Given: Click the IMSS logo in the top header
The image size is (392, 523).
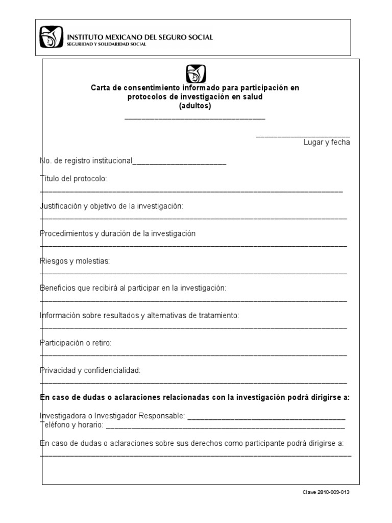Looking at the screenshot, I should tap(51, 37).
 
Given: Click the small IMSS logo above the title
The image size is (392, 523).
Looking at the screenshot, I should tap(196, 74).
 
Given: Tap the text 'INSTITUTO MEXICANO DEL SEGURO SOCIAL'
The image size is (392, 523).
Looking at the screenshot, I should tap(140, 37).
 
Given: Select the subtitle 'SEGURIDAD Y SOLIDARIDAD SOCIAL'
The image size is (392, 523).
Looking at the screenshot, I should tap(107, 44).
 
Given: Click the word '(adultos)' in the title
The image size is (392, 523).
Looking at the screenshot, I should tap(195, 106).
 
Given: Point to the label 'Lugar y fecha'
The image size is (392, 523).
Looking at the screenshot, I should tap(327, 142).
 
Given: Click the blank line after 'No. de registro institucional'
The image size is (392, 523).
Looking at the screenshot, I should tap(179, 163).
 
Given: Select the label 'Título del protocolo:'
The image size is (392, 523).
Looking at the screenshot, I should tap(73, 179).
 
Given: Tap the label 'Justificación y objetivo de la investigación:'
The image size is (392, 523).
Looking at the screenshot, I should tap(111, 206).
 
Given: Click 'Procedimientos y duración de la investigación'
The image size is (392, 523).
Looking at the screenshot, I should tap(118, 233).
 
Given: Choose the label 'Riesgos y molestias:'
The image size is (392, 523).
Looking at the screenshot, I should tap(75, 261).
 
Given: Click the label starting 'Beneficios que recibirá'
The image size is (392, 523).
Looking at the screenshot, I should tap(133, 288).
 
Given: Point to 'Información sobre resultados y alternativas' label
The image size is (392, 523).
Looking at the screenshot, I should tap(139, 316).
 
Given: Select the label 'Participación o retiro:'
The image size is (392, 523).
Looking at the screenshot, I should tap(76, 343).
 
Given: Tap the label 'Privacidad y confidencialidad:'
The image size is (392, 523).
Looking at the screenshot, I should tap(90, 370).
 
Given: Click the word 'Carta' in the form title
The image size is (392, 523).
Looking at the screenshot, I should tap(101, 88).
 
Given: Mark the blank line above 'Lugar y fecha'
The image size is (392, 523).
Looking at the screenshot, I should tap(303, 135).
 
